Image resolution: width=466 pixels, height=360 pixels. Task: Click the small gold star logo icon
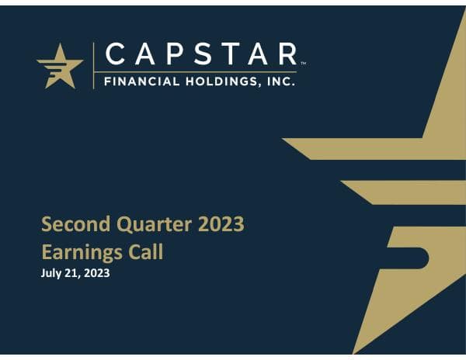click(60, 65)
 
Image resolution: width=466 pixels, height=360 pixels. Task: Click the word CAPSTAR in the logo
click(200, 54)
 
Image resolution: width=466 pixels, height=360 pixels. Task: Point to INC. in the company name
click(280, 79)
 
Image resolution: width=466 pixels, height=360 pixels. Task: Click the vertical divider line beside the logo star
click(94, 65)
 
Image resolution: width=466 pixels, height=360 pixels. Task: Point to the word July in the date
click(50, 273)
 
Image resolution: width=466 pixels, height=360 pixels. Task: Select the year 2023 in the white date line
click(96, 273)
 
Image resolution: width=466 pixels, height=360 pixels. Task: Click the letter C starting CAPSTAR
click(113, 54)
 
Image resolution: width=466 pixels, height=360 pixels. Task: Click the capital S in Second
click(47, 225)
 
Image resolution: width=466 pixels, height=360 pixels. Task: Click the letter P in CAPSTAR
click(172, 54)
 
